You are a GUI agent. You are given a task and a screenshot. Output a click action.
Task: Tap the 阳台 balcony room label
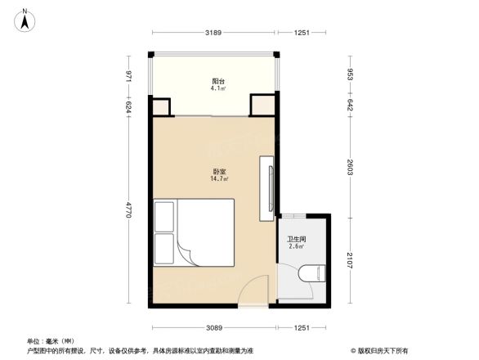[x=217, y=81]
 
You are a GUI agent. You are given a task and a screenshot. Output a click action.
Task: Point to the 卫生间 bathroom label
[x=296, y=238]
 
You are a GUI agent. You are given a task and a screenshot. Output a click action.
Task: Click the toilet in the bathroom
[x=313, y=274]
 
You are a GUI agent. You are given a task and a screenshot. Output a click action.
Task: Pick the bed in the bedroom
[x=194, y=232]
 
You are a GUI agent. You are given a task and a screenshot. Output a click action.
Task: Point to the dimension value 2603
[x=350, y=167]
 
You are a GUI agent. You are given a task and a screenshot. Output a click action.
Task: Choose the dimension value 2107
[x=350, y=261]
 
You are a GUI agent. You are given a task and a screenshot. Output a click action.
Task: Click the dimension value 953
[x=350, y=75]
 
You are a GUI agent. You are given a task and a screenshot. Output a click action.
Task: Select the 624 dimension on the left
[x=129, y=106]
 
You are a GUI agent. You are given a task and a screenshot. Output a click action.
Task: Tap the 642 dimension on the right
[x=350, y=106]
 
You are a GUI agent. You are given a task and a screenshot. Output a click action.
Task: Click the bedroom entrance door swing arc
[x=256, y=288]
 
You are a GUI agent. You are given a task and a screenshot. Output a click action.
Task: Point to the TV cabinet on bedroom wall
[x=266, y=188]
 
